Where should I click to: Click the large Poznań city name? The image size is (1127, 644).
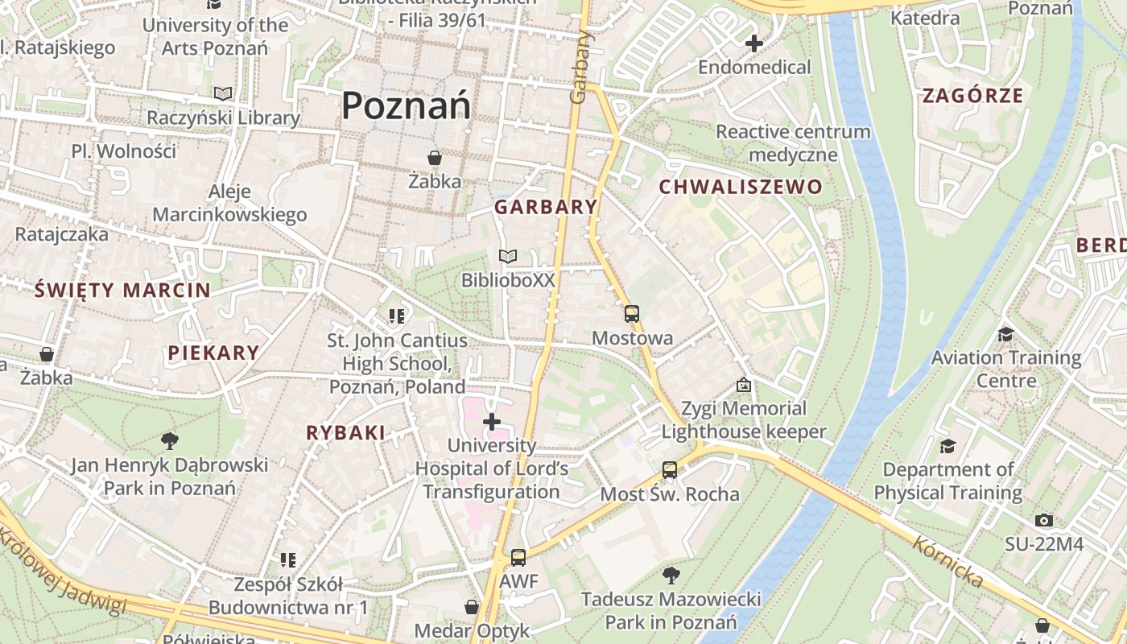(406, 106)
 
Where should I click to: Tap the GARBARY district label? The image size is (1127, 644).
(546, 207)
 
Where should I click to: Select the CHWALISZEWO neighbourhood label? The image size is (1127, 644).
(741, 188)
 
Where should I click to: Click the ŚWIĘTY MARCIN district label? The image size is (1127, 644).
(122, 291)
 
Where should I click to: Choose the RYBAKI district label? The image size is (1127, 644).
(345, 433)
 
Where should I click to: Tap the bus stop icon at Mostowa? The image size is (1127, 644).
(632, 314)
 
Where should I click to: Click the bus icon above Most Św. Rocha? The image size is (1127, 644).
(670, 470)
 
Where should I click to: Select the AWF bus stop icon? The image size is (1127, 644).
(518, 557)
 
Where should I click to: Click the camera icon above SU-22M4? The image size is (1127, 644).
(1044, 520)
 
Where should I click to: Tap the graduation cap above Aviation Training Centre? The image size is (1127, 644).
(1005, 333)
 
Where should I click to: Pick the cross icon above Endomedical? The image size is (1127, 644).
(754, 43)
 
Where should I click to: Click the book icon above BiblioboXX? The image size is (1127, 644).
(507, 257)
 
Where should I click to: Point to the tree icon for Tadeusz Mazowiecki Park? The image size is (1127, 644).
(671, 575)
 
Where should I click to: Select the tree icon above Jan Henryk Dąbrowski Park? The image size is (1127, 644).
(169, 440)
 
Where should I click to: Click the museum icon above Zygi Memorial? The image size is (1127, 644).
(743, 385)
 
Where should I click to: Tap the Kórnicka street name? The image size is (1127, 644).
(947, 562)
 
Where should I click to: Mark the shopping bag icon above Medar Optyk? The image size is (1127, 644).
(472, 606)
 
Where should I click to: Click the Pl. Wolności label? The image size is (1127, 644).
(123, 151)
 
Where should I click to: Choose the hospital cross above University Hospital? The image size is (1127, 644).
(491, 421)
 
